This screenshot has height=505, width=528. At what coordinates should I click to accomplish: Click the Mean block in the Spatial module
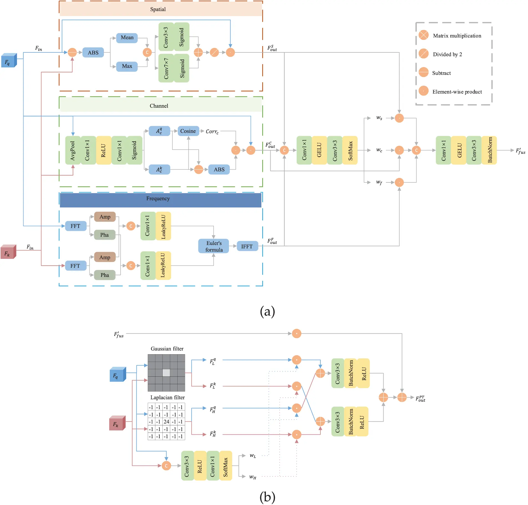tap(127, 38)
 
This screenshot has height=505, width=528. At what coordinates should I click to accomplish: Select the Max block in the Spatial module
tap(127, 66)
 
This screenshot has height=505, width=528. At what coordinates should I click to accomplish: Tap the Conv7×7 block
tap(166, 68)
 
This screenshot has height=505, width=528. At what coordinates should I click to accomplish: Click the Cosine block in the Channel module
tap(188, 131)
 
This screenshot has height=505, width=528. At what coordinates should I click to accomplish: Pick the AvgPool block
tap(73, 151)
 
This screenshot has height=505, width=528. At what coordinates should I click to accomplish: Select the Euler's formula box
tap(214, 246)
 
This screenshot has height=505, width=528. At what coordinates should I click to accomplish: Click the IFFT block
tap(247, 246)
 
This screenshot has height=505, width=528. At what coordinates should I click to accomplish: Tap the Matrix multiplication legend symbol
tap(424, 35)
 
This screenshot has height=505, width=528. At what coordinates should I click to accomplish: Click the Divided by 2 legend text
tap(447, 54)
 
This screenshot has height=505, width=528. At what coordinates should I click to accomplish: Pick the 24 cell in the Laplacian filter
tap(166, 422)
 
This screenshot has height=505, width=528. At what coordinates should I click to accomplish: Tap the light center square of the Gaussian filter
tap(166, 373)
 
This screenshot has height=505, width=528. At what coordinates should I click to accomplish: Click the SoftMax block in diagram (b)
tap(225, 466)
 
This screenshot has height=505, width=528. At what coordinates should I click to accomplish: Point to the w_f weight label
tap(379, 182)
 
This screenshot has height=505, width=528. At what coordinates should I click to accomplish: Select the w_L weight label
tap(252, 456)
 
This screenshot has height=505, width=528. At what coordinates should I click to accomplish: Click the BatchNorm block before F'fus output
tap(489, 150)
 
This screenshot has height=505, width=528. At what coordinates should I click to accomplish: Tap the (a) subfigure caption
tap(267, 311)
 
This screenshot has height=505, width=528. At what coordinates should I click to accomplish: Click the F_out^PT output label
tap(420, 399)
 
